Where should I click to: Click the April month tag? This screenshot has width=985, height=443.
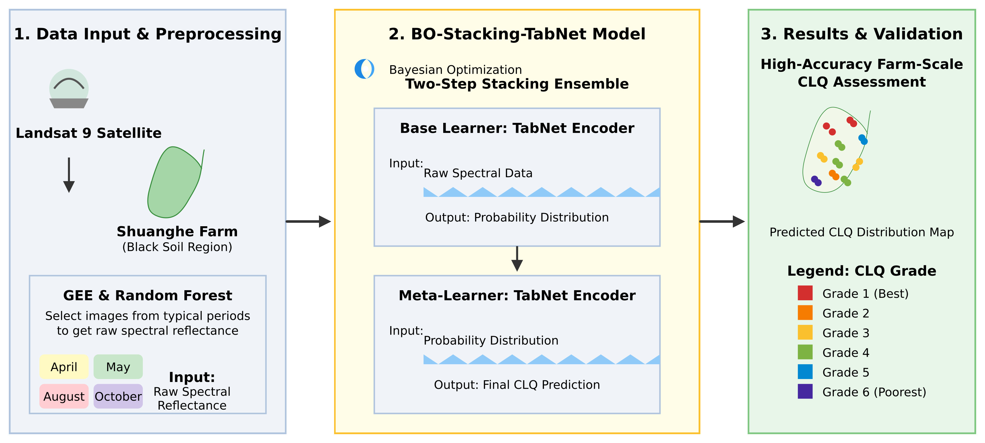pos(64,366)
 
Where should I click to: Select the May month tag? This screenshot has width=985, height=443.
pos(118,366)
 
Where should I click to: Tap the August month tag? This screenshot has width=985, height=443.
pos(64,396)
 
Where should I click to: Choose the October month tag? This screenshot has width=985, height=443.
pos(118,396)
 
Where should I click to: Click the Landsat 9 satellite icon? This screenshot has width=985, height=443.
pos(69,89)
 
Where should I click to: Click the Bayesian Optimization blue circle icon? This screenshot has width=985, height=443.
pos(364,69)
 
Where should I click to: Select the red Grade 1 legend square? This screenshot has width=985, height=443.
pos(805,293)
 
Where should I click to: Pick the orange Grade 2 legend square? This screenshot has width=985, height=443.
pos(805,313)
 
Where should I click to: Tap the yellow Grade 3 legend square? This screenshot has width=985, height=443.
pos(805,332)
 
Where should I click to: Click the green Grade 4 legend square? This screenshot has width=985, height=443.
pos(805,352)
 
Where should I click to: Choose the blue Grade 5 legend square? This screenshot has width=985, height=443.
pos(805,372)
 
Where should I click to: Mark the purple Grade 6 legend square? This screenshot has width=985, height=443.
pos(805,391)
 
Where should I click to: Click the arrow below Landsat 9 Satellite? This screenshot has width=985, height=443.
pos(69,175)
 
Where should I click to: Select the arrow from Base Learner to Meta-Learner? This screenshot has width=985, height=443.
pos(517,259)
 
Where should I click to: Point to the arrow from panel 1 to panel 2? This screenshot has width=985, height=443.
pos(308,221)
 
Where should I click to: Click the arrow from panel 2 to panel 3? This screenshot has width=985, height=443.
pos(722,221)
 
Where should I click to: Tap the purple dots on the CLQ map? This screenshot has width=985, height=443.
pos(816,181)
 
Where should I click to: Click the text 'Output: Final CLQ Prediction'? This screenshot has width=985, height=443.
pos(517,384)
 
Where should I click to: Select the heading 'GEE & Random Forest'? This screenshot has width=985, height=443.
pos(148,296)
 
